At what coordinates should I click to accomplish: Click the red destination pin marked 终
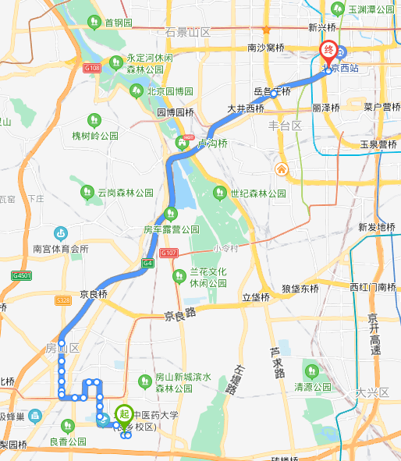point(330,50)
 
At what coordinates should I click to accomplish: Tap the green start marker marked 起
point(124,413)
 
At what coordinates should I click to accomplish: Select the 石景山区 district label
point(188,32)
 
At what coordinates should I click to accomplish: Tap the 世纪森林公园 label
point(257,193)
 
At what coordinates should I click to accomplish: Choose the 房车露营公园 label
point(171,230)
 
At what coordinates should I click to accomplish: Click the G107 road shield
point(169,254)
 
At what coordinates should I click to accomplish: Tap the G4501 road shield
point(21,275)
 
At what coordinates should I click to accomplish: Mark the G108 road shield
point(92,68)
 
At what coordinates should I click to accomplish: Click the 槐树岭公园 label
point(94,135)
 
